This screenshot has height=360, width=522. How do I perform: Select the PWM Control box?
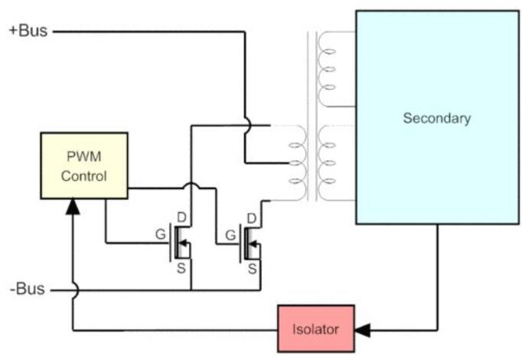click(x=84, y=165)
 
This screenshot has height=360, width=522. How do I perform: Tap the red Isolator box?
click(x=315, y=329)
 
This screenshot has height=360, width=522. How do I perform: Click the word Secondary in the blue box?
click(x=437, y=119)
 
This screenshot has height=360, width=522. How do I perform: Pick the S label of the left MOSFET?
click(x=181, y=267)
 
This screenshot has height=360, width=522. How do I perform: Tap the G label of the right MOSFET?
click(x=229, y=234)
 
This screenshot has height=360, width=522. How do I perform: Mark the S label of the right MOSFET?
click(x=250, y=267)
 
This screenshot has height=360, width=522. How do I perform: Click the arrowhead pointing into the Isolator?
click(x=364, y=330)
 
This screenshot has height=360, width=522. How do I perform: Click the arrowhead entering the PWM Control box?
click(x=73, y=206)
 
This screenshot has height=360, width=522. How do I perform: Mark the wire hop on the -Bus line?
click(x=73, y=290)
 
